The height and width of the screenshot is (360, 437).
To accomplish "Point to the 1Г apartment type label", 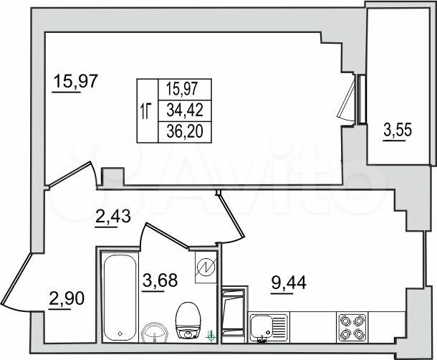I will tap(146, 110).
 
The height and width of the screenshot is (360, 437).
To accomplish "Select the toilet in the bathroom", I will tap(188, 320).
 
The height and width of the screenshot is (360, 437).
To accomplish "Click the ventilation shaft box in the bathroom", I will tap(204, 267).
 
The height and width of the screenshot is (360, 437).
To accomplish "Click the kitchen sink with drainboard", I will tap(269, 326).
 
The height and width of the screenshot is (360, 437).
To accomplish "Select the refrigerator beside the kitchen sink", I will tap(234, 314).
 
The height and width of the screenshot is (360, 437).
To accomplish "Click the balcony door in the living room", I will tap(349, 99).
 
